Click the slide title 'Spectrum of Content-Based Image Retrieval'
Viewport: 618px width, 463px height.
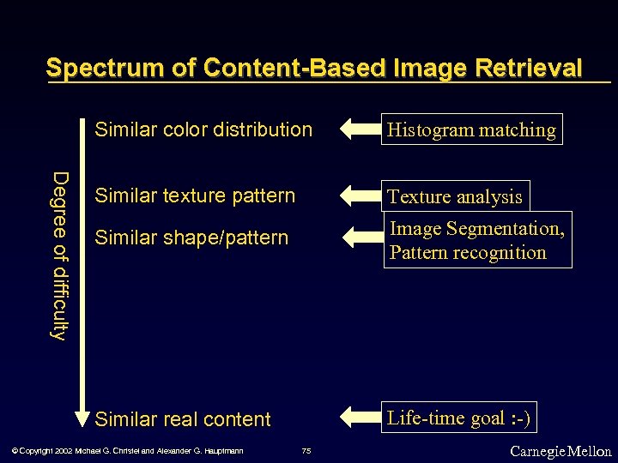(314, 68)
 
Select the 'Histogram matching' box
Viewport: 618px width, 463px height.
(471, 129)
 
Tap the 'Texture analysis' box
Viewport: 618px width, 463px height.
(455, 196)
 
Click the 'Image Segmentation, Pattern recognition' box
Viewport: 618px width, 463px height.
(477, 241)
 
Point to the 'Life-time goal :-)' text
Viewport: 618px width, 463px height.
(459, 418)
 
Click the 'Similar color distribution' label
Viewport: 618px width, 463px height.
(203, 130)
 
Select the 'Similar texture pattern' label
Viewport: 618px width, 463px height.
(195, 195)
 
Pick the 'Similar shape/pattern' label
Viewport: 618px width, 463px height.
(191, 238)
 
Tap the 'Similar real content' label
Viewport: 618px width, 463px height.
(183, 419)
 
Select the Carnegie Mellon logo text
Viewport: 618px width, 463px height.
(560, 451)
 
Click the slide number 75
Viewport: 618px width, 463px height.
(306, 451)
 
